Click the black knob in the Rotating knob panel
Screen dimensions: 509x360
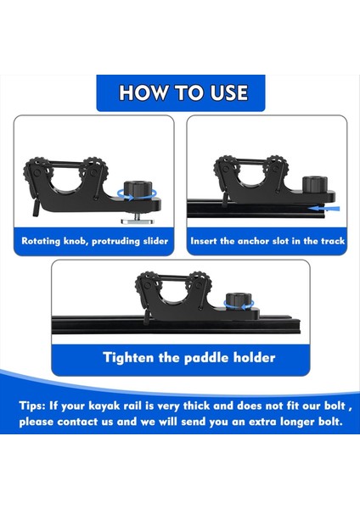point(136,187)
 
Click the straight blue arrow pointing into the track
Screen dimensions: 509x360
point(323,206)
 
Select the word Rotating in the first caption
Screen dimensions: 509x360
point(47,241)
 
